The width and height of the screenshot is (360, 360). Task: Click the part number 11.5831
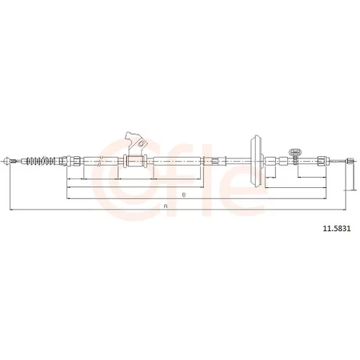[337, 229]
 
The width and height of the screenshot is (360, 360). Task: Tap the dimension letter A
[165, 206]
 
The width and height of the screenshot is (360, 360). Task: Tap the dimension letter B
[184, 194]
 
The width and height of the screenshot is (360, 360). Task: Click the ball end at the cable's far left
[8, 161]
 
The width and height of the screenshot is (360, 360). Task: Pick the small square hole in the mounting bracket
[141, 144]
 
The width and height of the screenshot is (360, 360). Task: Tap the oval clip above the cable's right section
[295, 152]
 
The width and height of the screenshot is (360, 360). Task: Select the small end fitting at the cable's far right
[350, 161]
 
